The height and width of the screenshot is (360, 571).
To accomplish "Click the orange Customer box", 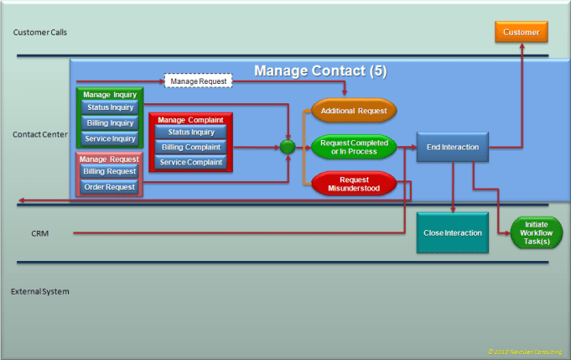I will (x=522, y=33).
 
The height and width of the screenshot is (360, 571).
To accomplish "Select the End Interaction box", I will (x=452, y=147).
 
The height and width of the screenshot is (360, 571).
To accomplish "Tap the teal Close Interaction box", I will (x=452, y=233).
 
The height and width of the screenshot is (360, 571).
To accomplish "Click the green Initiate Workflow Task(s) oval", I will (x=536, y=232).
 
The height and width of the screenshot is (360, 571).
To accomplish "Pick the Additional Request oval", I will (x=354, y=110).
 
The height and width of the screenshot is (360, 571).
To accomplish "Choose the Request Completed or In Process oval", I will (x=354, y=148).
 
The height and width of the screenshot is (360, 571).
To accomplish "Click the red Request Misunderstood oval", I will (x=354, y=184).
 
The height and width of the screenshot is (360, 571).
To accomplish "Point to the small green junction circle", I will (x=287, y=147).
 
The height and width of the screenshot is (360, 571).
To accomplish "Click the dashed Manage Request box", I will (x=198, y=81).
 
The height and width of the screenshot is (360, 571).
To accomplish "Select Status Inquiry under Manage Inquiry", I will (x=110, y=107).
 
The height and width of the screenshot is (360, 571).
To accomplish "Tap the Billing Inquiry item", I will (x=110, y=123).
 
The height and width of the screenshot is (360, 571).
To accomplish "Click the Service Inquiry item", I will (x=110, y=138).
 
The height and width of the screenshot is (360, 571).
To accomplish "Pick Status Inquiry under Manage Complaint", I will (x=191, y=132).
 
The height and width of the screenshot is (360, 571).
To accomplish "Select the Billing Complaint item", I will (x=191, y=147).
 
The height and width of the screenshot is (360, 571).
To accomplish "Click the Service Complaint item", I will (x=191, y=162).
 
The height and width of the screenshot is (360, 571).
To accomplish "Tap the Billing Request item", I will (x=110, y=171).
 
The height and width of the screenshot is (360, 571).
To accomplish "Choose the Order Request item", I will (x=110, y=186).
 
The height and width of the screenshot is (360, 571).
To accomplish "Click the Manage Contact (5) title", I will (x=320, y=70).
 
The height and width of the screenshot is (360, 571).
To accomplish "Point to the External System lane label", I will (x=40, y=291).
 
